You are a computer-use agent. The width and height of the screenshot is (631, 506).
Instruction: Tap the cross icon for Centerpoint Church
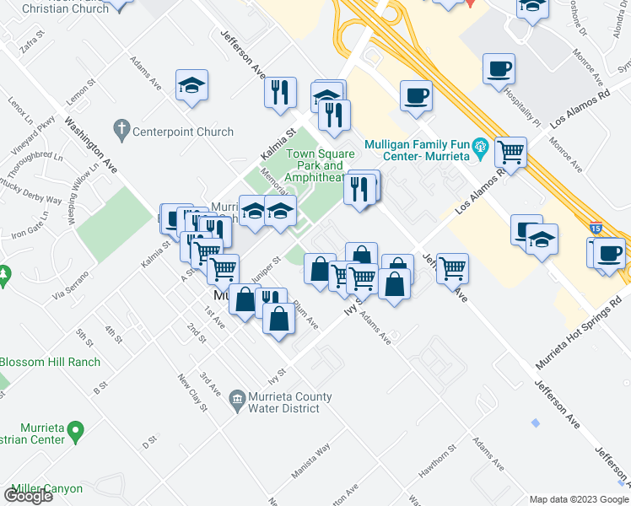tap(121, 131)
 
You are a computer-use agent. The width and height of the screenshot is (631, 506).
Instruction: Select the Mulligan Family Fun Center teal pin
tap(481, 150)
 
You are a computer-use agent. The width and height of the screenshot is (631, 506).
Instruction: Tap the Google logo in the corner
tap(28, 495)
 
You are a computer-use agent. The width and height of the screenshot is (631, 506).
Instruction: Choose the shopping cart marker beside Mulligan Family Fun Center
tap(510, 153)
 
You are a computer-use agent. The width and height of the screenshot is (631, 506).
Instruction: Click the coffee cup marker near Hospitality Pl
tap(499, 68)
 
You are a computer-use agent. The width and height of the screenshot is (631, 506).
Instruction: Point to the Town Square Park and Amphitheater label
tap(314, 165)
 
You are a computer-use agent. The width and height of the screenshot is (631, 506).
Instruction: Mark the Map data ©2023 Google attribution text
tap(578, 498)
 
